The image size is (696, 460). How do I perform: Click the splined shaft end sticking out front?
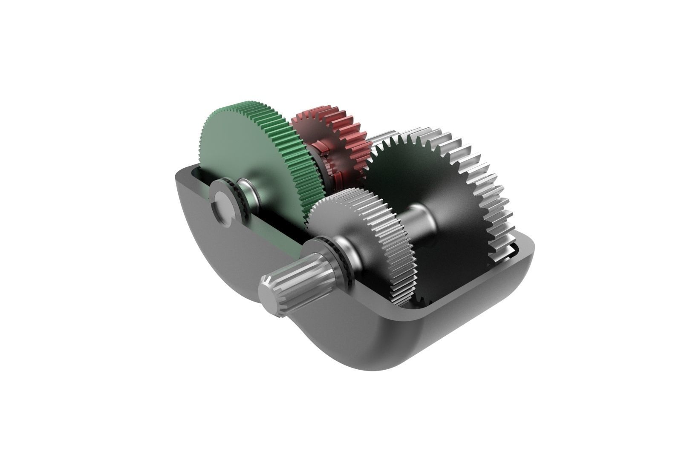point(298,273)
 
